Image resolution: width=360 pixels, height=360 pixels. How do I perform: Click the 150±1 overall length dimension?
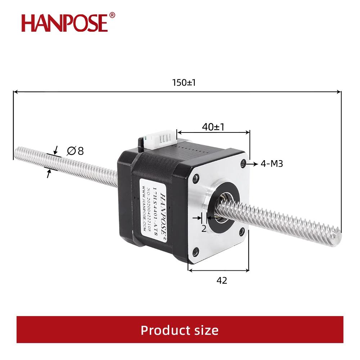[x=184, y=82]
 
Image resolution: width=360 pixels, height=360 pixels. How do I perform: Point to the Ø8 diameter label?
[x=75, y=150]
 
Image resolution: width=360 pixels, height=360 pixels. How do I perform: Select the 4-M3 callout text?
[x=272, y=164]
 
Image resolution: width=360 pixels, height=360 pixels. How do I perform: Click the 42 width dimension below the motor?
[x=222, y=280]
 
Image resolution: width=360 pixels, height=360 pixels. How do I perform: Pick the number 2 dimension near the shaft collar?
[x=204, y=228]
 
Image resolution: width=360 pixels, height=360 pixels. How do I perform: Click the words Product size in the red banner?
[x=179, y=330]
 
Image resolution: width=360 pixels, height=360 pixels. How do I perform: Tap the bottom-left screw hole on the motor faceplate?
[x=195, y=251]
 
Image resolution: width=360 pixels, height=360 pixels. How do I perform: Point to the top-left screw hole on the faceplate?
[x=195, y=177]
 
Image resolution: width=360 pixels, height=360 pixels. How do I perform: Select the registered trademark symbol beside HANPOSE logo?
[x=112, y=15]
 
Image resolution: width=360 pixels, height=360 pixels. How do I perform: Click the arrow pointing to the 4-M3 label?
[x=253, y=164]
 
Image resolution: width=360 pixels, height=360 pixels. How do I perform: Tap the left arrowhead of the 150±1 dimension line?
[x=15, y=92]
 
